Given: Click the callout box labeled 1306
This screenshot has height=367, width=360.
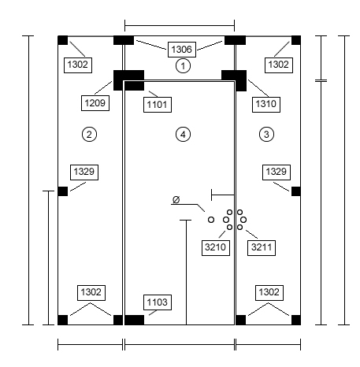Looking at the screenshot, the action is click(182, 50).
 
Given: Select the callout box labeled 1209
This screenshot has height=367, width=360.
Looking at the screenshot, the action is click(95, 103).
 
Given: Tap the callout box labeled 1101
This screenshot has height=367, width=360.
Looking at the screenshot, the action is click(158, 105).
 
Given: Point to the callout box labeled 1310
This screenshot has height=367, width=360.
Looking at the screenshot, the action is click(266, 105).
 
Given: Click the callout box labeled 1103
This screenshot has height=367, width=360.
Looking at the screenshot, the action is click(158, 302).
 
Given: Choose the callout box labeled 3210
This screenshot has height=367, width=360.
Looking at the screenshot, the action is click(216, 247).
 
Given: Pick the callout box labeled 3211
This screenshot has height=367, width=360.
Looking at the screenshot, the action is click(262, 247).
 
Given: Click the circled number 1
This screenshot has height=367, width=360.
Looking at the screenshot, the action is click(183, 65).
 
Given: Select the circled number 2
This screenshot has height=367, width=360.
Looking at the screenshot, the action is click(89, 135).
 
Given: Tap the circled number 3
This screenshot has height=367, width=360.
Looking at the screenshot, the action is click(266, 135).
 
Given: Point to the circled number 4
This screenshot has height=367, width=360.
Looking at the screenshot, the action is click(183, 135).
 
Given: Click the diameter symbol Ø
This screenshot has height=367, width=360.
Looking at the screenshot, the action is click(176, 200).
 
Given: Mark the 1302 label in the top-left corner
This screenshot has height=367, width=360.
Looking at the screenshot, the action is click(78, 65).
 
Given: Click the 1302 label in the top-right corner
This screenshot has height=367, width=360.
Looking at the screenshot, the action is click(279, 65).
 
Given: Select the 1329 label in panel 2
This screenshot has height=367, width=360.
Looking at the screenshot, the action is click(84, 172).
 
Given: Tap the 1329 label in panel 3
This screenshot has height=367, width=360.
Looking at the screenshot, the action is click(276, 172).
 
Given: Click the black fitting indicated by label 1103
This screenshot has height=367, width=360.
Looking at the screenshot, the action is click(134, 320).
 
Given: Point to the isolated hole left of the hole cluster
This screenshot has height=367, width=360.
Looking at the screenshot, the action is click(211, 220).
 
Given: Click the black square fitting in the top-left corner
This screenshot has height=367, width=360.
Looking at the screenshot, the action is click(62, 40).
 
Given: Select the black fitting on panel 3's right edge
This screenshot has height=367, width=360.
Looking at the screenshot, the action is click(296, 191).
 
